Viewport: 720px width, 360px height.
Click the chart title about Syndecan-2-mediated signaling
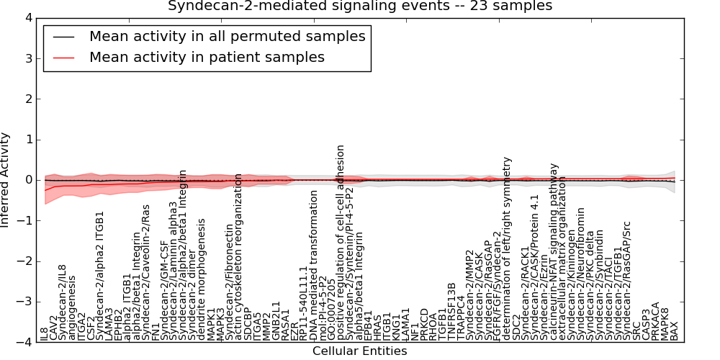(x=360, y=6)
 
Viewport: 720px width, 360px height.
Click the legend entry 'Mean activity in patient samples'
(x=207, y=57)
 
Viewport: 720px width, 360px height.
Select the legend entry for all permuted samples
(x=227, y=36)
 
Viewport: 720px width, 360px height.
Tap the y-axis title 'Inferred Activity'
(x=6, y=179)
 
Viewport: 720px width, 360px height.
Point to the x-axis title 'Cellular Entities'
(x=359, y=351)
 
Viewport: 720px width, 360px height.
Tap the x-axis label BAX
(x=674, y=330)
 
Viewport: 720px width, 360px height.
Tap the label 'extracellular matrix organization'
(x=562, y=256)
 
